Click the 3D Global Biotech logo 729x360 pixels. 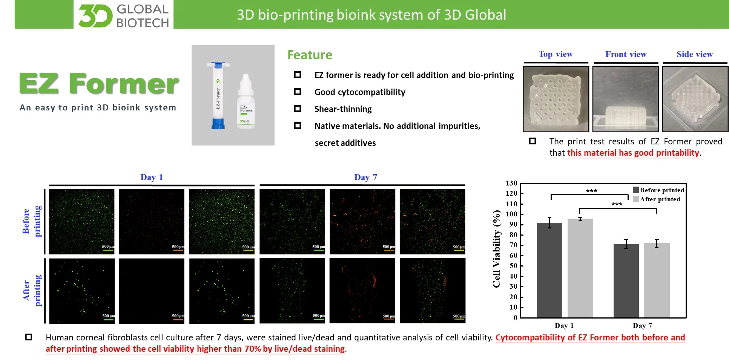[x=124, y=15]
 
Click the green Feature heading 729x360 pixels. [x=310, y=55]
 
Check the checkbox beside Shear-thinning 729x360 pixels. [x=298, y=109]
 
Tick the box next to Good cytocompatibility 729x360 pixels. [x=298, y=92]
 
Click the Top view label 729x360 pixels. [x=556, y=54]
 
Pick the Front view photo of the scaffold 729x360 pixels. [x=625, y=99]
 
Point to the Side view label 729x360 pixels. [x=695, y=54]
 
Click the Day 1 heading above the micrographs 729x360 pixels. [x=152, y=177]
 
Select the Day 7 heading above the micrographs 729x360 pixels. [x=365, y=177]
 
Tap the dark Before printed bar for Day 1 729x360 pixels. [x=549, y=270]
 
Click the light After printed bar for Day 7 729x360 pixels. [x=657, y=280]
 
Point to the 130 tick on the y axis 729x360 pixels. [x=511, y=183]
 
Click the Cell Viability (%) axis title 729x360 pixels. [x=497, y=249]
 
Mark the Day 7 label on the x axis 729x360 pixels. [x=642, y=325]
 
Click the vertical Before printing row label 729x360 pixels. [x=32, y=221]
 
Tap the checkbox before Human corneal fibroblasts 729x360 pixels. [x=29, y=337]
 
